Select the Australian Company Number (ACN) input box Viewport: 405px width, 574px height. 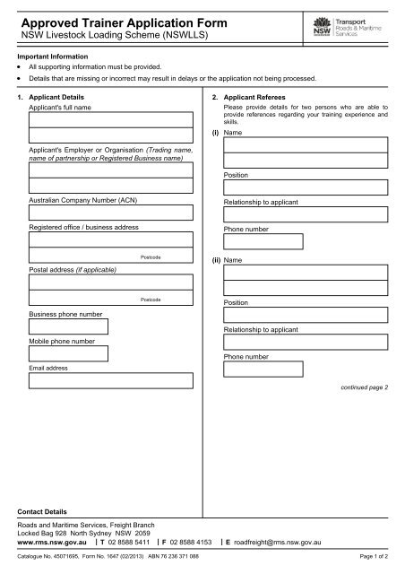[x=110, y=213]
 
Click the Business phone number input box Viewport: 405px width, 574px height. [x=69, y=327]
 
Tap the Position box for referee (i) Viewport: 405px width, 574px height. [x=306, y=187]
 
